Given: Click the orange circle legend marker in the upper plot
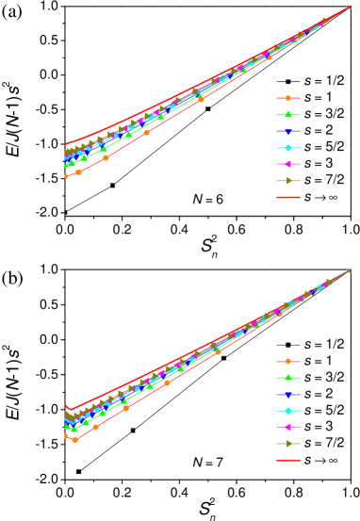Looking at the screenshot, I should [287, 98].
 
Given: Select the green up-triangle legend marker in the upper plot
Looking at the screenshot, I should [287, 115].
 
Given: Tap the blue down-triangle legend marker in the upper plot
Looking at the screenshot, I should [287, 131].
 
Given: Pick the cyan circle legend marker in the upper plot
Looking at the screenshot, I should [287, 148].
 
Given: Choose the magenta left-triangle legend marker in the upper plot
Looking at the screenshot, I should [287, 164].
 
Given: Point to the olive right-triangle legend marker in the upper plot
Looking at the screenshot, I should [287, 181].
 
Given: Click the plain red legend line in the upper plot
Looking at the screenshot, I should [287, 197].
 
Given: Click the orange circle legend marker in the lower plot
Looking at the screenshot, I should [287, 361].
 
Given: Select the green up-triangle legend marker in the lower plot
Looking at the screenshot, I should [287, 378].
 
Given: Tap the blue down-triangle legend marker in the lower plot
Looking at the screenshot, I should [287, 394].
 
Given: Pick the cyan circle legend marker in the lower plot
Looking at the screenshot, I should [287, 411].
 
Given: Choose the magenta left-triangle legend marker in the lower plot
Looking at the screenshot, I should [287, 427].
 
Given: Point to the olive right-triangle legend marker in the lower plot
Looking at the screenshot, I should [287, 444].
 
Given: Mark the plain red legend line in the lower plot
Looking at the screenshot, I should [287, 460].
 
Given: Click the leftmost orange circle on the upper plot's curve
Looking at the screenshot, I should [66, 176].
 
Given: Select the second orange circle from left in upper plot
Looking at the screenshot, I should [78, 172].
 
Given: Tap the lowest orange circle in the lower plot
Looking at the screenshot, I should [75, 440].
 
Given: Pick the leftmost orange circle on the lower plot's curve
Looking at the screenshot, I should [66, 436].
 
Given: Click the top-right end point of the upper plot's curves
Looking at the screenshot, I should [349, 8].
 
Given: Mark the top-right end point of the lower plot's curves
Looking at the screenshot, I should [349, 271].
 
